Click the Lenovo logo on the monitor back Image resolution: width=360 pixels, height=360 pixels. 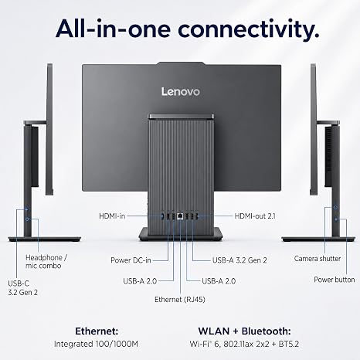[181, 92]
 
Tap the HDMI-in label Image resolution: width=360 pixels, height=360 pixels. [112, 216]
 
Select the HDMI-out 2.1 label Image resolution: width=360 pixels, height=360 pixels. [255, 216]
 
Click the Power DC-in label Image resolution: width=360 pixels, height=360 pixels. [131, 260]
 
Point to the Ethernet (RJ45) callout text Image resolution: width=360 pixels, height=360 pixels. [180, 300]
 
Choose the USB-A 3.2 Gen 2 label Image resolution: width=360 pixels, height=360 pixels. [239, 260]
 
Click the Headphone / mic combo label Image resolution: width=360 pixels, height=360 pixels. [46, 262]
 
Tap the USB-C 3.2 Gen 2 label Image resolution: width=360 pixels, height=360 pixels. [23, 288]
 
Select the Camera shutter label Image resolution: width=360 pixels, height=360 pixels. [318, 259]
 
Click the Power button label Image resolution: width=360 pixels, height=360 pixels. [335, 280]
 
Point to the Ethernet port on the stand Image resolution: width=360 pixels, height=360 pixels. [180, 216]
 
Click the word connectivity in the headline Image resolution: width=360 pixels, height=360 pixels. [248, 29]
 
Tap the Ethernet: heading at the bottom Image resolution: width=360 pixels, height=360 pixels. [97, 331]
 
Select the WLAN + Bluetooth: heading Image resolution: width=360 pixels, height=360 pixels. [244, 331]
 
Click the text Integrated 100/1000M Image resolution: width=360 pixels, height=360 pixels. [96, 344]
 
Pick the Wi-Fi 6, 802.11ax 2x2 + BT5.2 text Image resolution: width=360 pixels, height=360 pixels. [244, 344]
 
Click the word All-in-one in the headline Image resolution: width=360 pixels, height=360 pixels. [113, 29]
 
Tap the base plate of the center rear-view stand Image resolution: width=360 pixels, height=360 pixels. [181, 234]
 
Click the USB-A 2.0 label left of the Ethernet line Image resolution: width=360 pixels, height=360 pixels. [140, 281]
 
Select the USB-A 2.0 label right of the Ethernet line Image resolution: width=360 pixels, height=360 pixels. [219, 281]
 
